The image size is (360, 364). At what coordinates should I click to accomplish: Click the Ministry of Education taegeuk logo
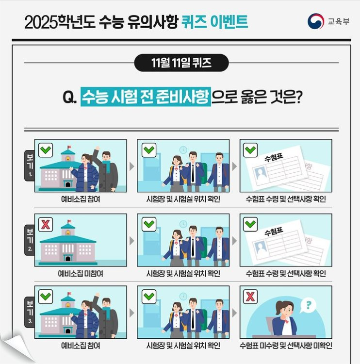click(x=316, y=21)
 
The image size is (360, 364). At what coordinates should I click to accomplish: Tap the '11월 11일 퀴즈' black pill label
click(x=181, y=63)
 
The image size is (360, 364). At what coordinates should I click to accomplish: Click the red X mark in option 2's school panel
click(x=46, y=224)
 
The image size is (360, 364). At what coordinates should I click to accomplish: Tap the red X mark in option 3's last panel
click(x=251, y=296)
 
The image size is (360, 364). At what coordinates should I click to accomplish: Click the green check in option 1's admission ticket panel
click(x=251, y=150)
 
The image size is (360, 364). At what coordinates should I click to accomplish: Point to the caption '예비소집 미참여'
click(x=81, y=273)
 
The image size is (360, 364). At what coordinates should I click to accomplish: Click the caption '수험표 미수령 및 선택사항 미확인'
click(x=286, y=346)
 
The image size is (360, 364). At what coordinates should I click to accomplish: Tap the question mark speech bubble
click(x=308, y=305)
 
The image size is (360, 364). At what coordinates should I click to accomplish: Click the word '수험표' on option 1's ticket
click(x=273, y=159)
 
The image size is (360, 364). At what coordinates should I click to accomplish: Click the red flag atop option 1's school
click(x=69, y=147)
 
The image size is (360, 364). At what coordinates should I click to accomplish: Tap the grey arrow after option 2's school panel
click(x=132, y=240)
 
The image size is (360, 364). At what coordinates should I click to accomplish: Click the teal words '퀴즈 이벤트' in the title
click(x=215, y=22)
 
